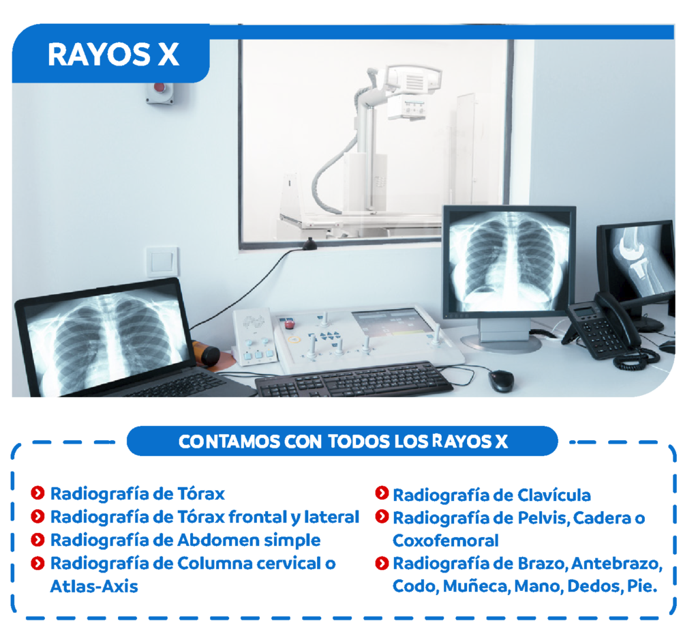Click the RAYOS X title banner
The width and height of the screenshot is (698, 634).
(x=111, y=54)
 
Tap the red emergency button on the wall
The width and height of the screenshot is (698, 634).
(x=160, y=88)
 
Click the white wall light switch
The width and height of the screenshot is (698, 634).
(x=162, y=261)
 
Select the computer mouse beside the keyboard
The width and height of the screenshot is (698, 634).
(x=501, y=381)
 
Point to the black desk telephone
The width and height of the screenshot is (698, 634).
(x=610, y=330)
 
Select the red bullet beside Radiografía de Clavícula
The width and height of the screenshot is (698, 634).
(x=382, y=493)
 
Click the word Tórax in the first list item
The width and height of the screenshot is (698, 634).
(x=201, y=493)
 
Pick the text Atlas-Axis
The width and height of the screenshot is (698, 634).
(x=94, y=586)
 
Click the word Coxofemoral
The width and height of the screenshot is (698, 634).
(x=446, y=541)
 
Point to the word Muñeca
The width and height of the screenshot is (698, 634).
(x=475, y=586)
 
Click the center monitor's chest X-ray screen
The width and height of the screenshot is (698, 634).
(x=509, y=261)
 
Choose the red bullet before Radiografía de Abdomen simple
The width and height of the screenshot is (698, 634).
(x=38, y=540)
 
